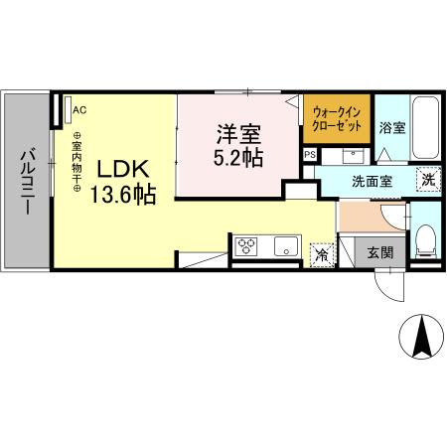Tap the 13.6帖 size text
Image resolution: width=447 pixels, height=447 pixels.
[123, 196]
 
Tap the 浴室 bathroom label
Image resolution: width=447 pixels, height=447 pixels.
[392, 127]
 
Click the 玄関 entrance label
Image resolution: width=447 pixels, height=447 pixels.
[379, 252]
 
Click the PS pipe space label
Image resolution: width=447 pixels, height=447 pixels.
[309, 155]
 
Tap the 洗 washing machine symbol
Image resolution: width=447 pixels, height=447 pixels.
[426, 180]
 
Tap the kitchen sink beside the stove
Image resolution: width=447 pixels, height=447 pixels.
[285, 245]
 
